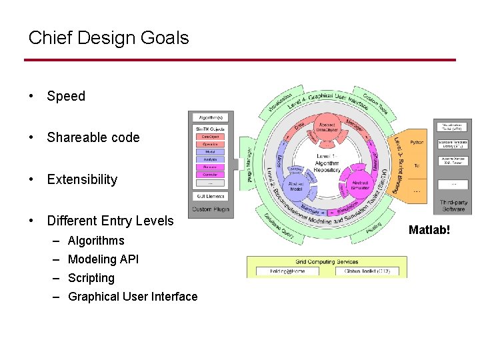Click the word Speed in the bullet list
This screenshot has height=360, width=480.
pos(66,96)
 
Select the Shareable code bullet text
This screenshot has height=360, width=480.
pos(93,137)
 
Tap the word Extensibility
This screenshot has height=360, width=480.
pos(82,179)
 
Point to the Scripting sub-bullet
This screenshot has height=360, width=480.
pos(91,278)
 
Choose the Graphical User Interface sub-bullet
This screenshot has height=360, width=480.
pos(133,297)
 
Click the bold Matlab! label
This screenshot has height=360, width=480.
pos(431,229)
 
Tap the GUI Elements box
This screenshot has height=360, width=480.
pos(210,196)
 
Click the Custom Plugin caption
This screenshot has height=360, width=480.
pos(210,209)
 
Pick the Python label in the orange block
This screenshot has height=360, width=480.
pos(417,142)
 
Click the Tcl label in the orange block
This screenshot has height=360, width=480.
pos(416,165)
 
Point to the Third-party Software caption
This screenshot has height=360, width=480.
pos(453,206)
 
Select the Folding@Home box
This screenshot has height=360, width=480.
pos(286,271)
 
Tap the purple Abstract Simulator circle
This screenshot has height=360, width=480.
pos(360,184)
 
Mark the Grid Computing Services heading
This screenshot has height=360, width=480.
pos(327,261)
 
